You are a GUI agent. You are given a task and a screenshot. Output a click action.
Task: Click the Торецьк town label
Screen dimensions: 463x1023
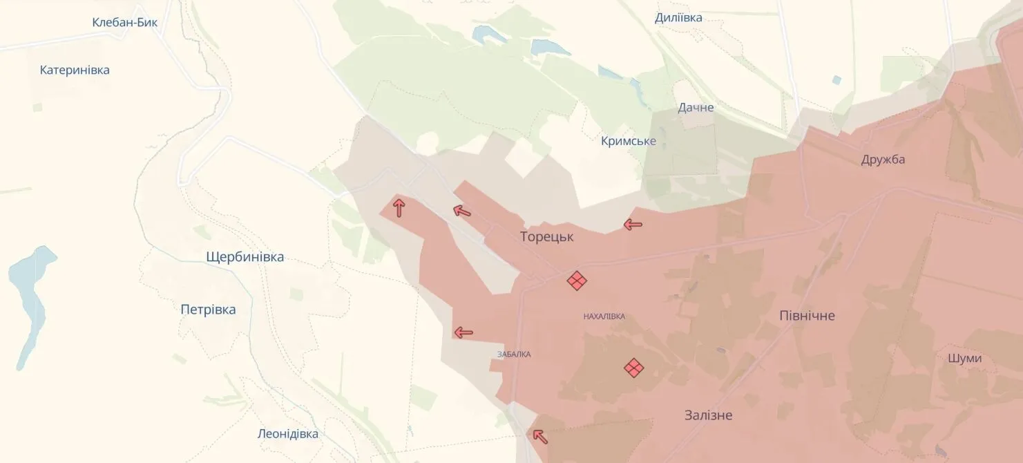pyautogui.click(x=546, y=237)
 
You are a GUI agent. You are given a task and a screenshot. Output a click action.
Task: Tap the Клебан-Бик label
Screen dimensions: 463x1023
pyautogui.click(x=125, y=22)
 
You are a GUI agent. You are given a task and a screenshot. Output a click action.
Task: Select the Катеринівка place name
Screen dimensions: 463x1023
pyautogui.click(x=75, y=70)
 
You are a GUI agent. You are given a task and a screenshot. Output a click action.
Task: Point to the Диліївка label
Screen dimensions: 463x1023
pyautogui.click(x=678, y=18)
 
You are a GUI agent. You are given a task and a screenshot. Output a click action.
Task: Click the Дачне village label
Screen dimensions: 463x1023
pyautogui.click(x=696, y=107)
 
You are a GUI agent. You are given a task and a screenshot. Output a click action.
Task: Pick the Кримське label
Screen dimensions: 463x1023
pyautogui.click(x=629, y=142)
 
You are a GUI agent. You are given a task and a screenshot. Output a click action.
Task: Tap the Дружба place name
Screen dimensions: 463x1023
pyautogui.click(x=883, y=160)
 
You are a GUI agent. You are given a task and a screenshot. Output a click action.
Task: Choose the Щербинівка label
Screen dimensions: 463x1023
pyautogui.click(x=245, y=257)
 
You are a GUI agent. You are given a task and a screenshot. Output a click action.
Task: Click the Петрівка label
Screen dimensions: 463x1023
pyautogui.click(x=208, y=310)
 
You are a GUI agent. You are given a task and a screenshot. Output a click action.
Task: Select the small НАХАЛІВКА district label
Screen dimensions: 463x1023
pyautogui.click(x=604, y=316)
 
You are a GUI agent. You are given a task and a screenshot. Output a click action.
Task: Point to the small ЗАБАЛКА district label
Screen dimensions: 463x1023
pyautogui.click(x=514, y=355)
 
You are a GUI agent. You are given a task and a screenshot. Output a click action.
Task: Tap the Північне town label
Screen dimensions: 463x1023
pyautogui.click(x=807, y=316)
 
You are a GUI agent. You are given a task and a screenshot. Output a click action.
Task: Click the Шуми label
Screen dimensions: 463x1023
pyautogui.click(x=965, y=358)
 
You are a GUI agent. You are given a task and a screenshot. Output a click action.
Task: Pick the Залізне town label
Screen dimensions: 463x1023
pyautogui.click(x=708, y=415)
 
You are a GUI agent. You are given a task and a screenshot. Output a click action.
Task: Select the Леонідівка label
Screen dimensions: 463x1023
pyautogui.click(x=287, y=434)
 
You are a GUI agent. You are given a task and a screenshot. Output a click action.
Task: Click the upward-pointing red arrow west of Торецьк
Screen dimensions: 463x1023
pyautogui.click(x=399, y=207)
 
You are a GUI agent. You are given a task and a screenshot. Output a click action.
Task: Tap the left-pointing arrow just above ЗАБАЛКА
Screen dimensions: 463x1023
pyautogui.click(x=463, y=332)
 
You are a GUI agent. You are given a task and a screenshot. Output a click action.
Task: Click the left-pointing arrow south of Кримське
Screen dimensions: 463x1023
pyautogui.click(x=633, y=224)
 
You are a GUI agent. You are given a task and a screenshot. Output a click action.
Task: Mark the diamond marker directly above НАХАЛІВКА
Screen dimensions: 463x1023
pyautogui.click(x=577, y=281)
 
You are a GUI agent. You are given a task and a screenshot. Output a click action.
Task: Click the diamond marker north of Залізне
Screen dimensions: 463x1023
pyautogui.click(x=633, y=368)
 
